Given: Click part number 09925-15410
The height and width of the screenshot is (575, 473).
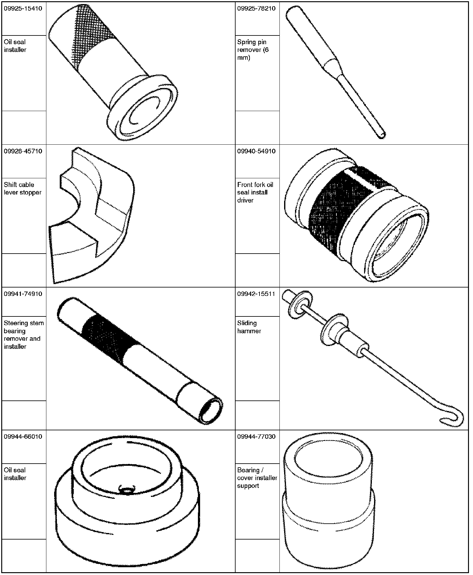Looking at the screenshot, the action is pos(23,8).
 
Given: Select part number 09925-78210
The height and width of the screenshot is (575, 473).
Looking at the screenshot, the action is pos(256,8).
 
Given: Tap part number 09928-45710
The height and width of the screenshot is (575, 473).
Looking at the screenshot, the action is pos(23,151).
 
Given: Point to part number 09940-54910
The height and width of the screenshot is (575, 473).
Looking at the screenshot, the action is pos(256,151).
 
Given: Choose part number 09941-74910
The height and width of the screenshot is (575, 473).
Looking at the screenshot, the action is pos(23,294).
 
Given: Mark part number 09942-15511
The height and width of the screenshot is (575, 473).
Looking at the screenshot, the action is pos(256,294).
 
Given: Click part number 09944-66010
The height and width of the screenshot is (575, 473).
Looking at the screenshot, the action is pos(23,437).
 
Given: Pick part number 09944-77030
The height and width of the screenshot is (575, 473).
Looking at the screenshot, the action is pos(256,437).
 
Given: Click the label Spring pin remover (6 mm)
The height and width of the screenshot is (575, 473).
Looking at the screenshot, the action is pos(253,50).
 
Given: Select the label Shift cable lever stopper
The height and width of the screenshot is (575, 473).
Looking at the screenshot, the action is pos(22,189).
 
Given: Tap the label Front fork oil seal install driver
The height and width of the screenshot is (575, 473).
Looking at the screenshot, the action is pos(255,192).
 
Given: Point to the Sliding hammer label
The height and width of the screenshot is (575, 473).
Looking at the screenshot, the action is pos(249,327).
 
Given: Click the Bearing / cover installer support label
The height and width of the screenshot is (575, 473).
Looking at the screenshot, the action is pos(257,478).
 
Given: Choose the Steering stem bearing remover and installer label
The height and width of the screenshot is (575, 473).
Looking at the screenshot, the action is pos(24,335).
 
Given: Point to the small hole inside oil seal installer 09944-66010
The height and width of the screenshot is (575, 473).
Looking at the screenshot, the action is pos(127,490).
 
